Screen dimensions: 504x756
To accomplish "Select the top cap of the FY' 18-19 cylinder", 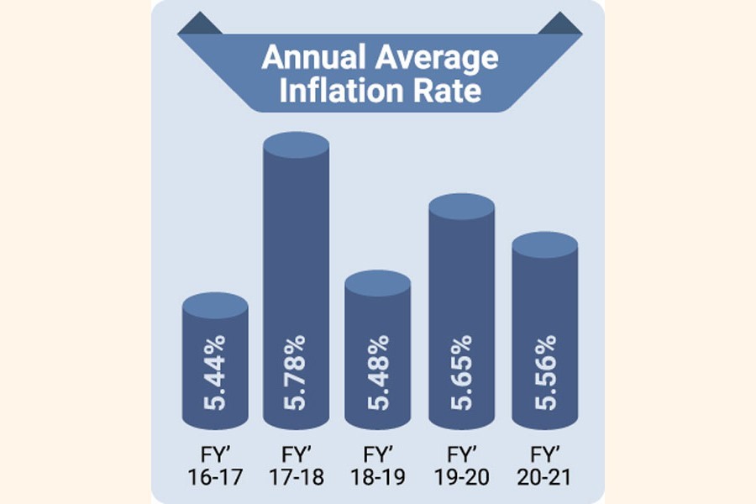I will click(378, 283).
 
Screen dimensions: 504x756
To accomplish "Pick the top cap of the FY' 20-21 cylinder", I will click(544, 245).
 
